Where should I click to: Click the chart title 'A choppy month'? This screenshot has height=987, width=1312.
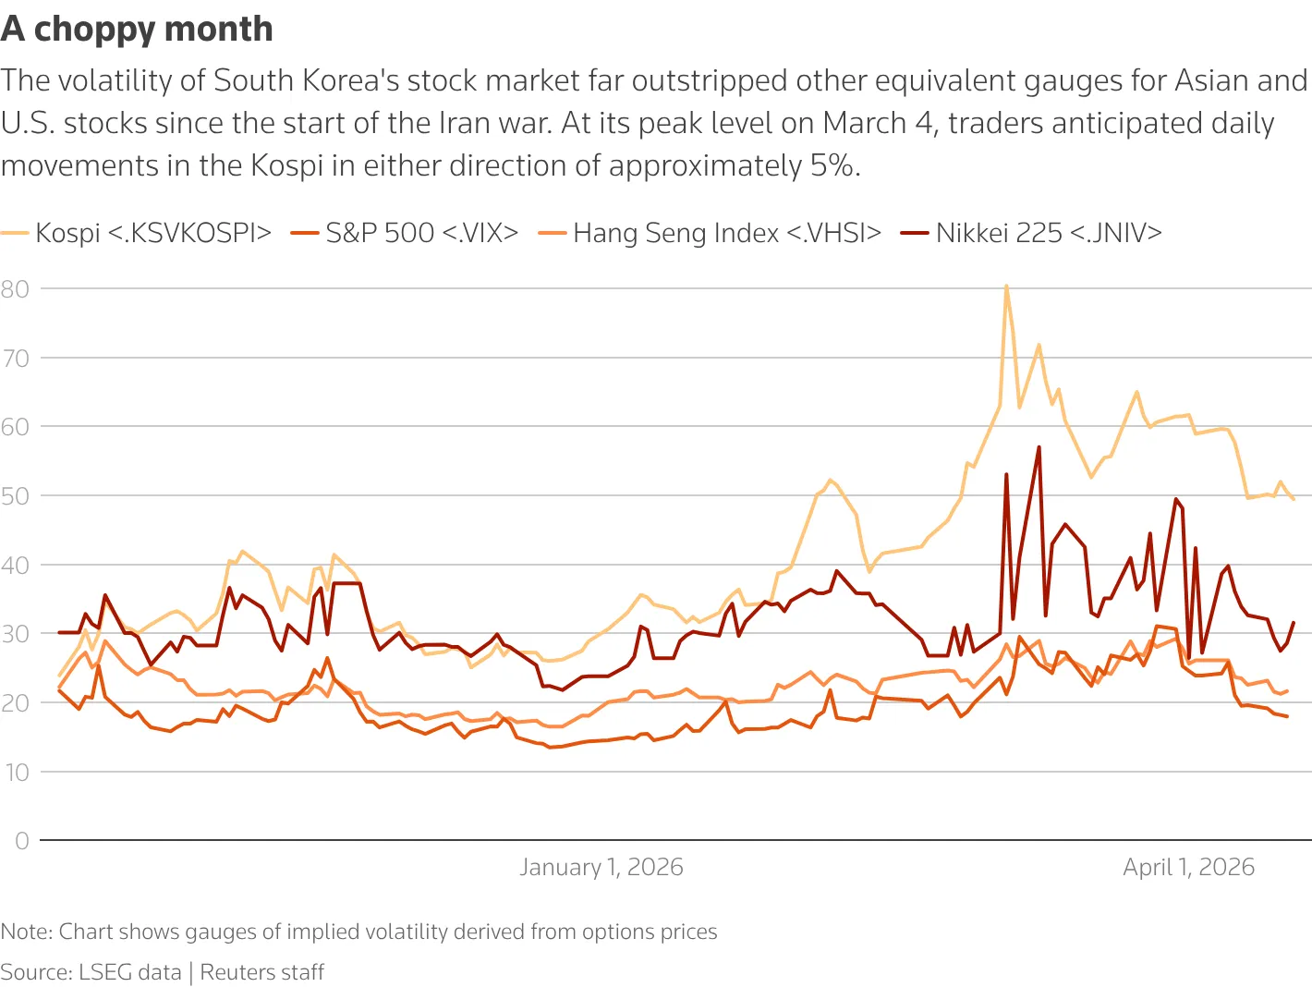(137, 30)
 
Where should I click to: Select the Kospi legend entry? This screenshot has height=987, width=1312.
(136, 233)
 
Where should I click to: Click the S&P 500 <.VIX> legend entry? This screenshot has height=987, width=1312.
(405, 233)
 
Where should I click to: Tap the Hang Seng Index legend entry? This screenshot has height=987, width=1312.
(711, 233)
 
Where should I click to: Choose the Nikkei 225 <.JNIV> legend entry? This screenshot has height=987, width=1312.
(1032, 233)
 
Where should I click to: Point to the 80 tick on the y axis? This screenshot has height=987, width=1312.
(15, 289)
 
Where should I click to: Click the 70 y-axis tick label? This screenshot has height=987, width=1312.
(15, 359)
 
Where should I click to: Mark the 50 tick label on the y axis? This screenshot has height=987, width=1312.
(15, 496)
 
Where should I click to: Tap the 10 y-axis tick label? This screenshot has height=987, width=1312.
(17, 773)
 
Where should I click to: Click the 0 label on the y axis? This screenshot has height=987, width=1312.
(22, 841)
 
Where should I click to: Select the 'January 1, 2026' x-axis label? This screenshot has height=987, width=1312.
(601, 867)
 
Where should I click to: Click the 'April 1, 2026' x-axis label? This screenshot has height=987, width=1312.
(1189, 867)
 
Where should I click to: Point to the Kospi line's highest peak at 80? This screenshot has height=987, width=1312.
(1006, 286)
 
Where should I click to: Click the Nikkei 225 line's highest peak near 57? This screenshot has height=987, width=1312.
(1039, 447)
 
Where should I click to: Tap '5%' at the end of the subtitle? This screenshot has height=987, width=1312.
(835, 165)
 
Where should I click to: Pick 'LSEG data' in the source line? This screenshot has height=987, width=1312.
(130, 972)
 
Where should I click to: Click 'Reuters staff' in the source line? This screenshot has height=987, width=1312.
(262, 972)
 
